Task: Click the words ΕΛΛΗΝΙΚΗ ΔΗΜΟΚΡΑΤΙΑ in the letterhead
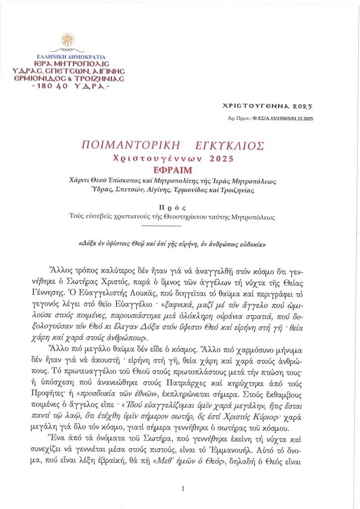[x=66, y=57]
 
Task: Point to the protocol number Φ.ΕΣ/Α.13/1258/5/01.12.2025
[x=280, y=118]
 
